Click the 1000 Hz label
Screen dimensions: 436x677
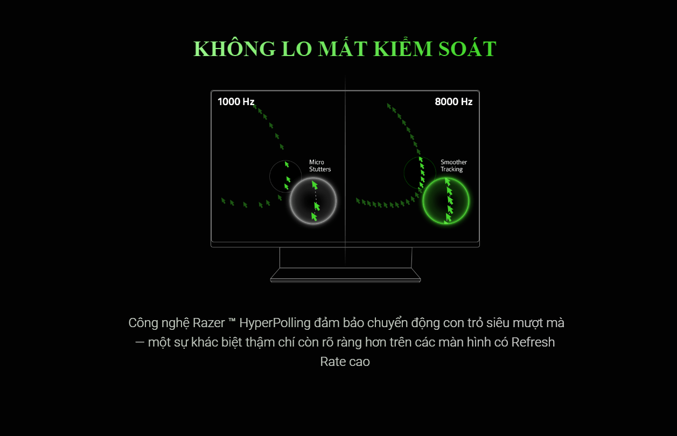pos(236,101)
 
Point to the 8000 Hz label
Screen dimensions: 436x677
pos(453,101)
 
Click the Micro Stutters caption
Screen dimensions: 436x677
pos(320,166)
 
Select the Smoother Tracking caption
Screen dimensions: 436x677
pos(453,166)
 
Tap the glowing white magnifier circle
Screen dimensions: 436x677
pos(313,201)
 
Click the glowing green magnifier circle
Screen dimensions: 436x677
pos(446,201)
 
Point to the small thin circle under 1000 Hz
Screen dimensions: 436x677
pos(285,176)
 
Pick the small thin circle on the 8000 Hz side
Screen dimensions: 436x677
pos(420,172)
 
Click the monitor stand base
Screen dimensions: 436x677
pos(345,275)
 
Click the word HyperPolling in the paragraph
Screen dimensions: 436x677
pos(275,323)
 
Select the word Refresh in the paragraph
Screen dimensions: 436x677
pos(533,342)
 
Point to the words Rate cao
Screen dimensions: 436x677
pos(345,362)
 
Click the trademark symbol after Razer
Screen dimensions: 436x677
pos(232,322)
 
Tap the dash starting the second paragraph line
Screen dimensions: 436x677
pos(139,343)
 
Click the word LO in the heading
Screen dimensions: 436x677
pos(296,49)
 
